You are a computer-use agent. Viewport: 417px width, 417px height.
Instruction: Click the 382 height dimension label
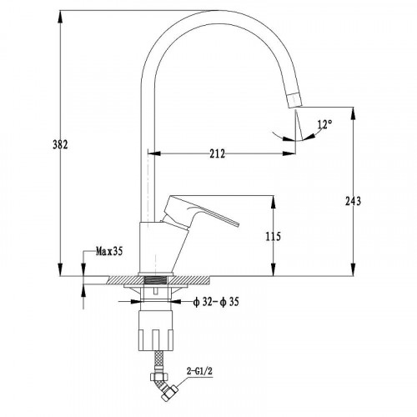pos(60,145)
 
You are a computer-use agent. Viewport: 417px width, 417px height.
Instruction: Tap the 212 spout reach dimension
pos(217,153)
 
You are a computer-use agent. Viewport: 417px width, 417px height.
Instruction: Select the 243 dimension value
pos(353,201)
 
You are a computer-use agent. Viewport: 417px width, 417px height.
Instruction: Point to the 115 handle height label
pos(274,237)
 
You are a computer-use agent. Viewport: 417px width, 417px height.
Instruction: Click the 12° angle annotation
pos(324,124)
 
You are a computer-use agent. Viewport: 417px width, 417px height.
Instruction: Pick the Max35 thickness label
pos(109,252)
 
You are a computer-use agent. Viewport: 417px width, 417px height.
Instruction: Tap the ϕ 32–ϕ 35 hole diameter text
pos(216,302)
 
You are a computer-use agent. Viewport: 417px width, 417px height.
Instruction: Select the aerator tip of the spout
pos(294,100)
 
